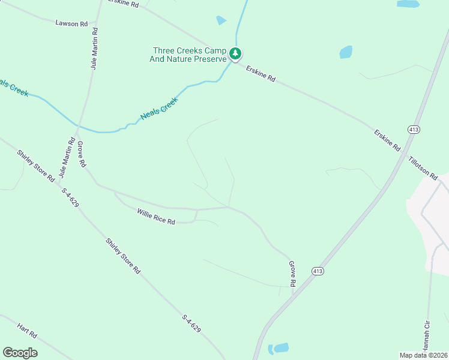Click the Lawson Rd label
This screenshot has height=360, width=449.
click(71, 23)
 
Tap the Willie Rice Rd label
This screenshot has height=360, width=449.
click(155, 217)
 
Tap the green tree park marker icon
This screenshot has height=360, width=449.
click(237, 54)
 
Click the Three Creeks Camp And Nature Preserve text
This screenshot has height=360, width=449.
click(189, 55)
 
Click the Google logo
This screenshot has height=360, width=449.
click(20, 352)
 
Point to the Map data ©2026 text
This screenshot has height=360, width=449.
click(423, 355)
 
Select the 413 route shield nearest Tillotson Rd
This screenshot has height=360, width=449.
click(414, 130)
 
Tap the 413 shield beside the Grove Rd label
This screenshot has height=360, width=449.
click(318, 271)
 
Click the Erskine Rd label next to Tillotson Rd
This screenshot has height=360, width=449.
click(387, 140)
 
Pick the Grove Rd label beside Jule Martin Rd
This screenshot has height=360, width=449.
click(82, 154)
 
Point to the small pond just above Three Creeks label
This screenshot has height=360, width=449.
click(221, 20)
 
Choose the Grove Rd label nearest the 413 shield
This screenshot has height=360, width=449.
click(293, 274)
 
